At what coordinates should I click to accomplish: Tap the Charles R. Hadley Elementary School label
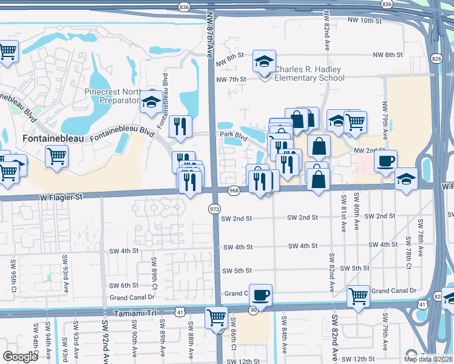tap(308, 73)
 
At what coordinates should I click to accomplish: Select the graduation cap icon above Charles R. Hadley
tap(264, 61)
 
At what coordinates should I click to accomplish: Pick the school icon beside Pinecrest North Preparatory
tap(151, 101)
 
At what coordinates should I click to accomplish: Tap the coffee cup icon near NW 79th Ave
tap(385, 161)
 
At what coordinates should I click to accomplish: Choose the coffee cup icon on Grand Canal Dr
tap(260, 295)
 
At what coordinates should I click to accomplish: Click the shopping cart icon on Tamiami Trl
tap(216, 317)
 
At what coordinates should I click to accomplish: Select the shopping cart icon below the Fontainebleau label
tap(56, 156)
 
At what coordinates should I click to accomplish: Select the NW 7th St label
tap(231, 79)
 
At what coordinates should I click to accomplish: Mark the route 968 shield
tap(234, 191)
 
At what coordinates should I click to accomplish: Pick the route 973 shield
tap(214, 209)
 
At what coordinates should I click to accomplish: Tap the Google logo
tap(20, 357)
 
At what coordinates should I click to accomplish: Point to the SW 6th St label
tap(124, 285)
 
